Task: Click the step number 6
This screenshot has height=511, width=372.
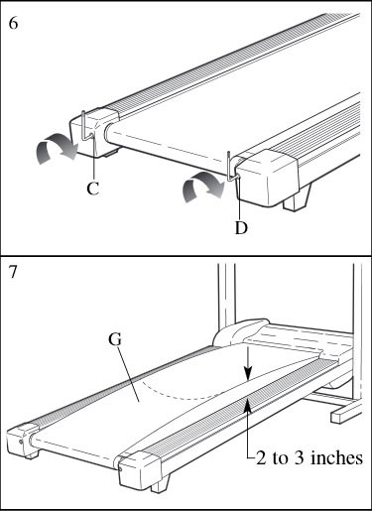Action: pyautogui.click(x=13, y=23)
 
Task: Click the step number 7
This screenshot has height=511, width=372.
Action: pyautogui.click(x=13, y=272)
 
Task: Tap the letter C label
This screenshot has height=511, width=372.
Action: pyautogui.click(x=93, y=189)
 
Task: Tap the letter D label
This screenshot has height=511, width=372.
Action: pyautogui.click(x=241, y=227)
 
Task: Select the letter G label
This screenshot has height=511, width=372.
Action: pyautogui.click(x=115, y=339)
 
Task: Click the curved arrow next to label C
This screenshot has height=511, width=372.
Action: pyautogui.click(x=57, y=148)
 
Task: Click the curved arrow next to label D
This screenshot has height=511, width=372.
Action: pyautogui.click(x=203, y=187)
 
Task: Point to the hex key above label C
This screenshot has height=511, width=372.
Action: pyautogui.click(x=85, y=127)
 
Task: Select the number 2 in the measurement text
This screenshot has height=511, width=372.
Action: pyautogui.click(x=261, y=458)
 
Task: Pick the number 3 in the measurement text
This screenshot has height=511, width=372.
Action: pyautogui.click(x=300, y=458)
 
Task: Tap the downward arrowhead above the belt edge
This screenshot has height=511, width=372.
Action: pyautogui.click(x=248, y=374)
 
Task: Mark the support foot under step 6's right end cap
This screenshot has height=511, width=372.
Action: pyautogui.click(x=297, y=197)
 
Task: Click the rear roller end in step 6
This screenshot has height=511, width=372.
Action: pyautogui.click(x=109, y=132)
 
